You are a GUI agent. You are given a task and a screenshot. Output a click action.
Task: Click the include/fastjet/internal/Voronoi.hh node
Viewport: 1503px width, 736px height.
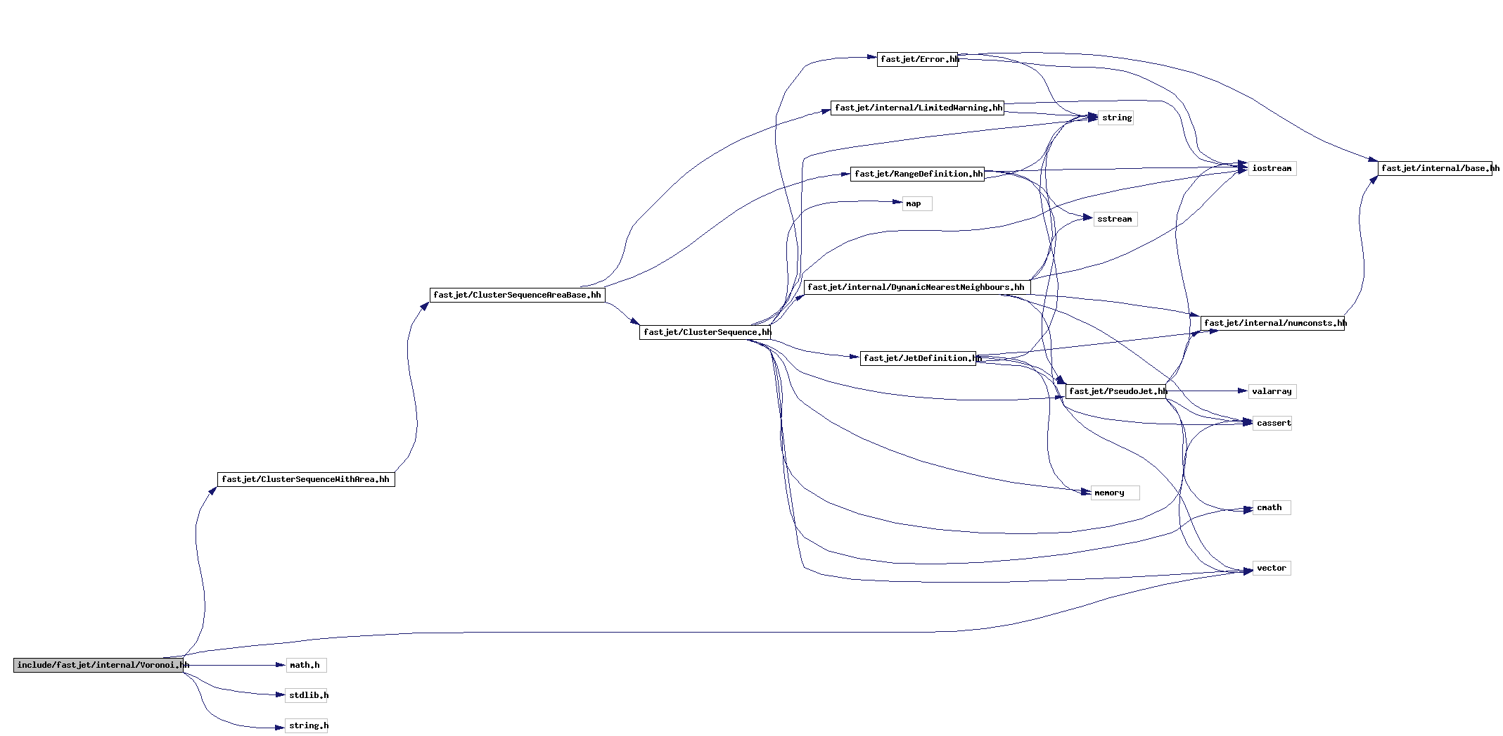pos(98,665)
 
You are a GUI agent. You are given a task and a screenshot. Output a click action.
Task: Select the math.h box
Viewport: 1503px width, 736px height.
pos(306,665)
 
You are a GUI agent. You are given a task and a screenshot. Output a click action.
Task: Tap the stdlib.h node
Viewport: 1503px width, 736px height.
pos(307,695)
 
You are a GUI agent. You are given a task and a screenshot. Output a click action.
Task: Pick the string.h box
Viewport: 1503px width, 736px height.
pos(307,725)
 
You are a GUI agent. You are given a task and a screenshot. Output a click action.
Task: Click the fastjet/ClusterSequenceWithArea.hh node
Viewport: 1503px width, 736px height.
pos(306,479)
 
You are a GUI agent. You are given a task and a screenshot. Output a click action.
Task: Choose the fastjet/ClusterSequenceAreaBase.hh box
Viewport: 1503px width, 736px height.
pos(518,295)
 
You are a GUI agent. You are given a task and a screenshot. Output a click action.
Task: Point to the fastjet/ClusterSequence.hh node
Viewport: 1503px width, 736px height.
pos(705,332)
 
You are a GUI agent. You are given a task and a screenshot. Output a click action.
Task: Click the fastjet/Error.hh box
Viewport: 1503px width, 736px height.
pos(917,59)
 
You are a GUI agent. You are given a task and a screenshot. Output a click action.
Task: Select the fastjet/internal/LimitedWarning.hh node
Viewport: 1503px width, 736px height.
pos(917,108)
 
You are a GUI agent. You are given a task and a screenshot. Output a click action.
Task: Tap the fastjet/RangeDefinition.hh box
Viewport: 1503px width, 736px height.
pos(917,174)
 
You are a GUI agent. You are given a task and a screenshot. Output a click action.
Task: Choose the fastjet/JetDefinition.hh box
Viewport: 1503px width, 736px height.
pos(919,358)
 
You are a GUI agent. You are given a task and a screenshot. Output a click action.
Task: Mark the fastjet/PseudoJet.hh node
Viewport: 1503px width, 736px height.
pos(1116,391)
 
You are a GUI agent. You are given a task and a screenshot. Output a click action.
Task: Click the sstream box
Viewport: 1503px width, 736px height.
pos(1115,219)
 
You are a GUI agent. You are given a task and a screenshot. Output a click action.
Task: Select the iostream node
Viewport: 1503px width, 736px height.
pos(1272,168)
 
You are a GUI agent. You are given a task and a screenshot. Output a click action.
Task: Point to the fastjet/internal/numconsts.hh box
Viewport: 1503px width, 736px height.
pos(1272,323)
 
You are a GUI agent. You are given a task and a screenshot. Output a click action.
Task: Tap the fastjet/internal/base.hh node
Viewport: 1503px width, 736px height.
pos(1435,168)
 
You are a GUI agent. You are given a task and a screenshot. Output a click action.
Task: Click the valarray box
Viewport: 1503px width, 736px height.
pos(1272,391)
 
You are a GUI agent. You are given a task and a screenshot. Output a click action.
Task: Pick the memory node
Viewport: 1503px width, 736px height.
pos(1115,493)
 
